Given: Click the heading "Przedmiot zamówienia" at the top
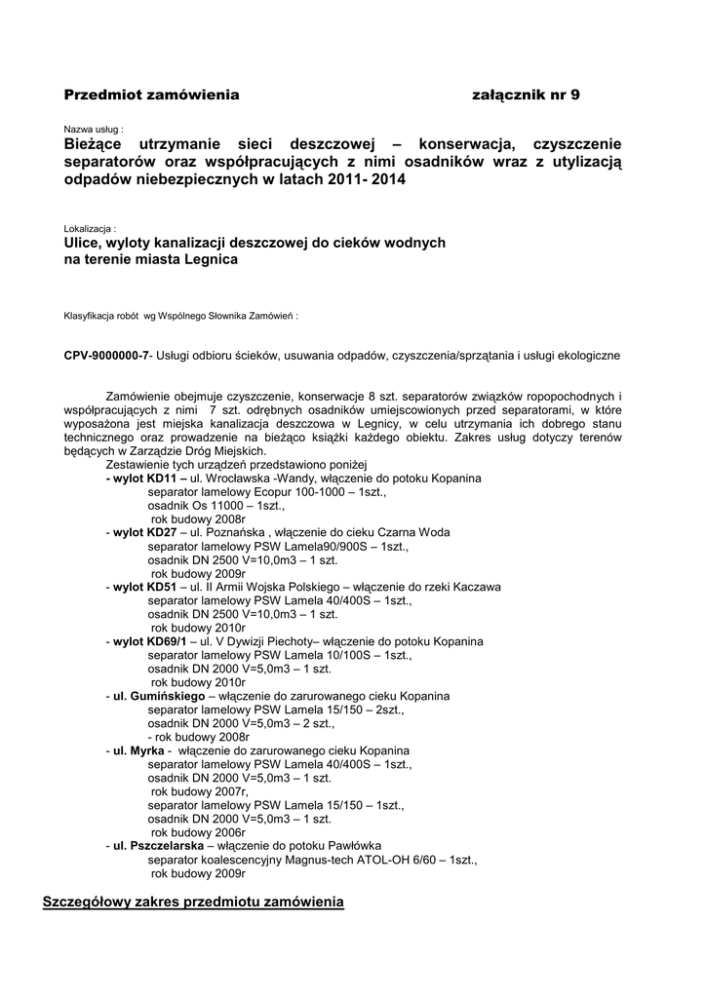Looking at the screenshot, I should tap(151, 95).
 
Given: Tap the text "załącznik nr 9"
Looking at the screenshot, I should tap(525, 95).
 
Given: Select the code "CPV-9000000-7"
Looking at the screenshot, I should tap(106, 357).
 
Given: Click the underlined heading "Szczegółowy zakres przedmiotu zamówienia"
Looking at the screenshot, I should tap(193, 902).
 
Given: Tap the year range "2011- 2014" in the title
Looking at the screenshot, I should tap(366, 181).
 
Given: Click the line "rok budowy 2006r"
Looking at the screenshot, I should tap(198, 833).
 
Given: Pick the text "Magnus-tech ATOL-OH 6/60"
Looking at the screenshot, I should tap(356, 861).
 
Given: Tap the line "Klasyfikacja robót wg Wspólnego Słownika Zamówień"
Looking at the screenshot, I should tap(179, 317).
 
